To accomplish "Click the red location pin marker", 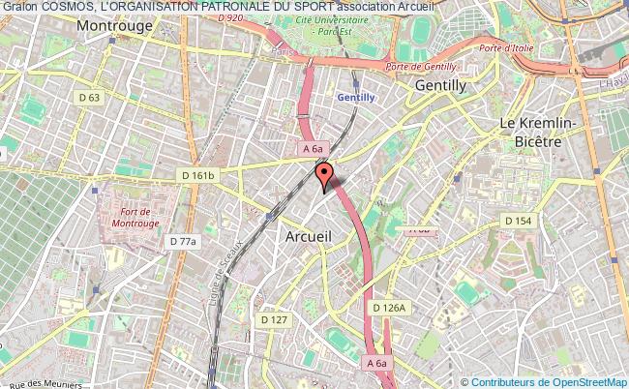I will click(x=323, y=174).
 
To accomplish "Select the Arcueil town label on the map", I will click(x=310, y=235).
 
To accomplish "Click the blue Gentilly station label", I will click(x=355, y=98).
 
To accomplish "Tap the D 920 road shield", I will click(x=230, y=17).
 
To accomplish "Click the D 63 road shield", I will click(x=90, y=98).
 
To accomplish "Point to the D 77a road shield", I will click(x=182, y=241).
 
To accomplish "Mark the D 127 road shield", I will click(x=274, y=318).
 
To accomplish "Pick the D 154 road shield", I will click(x=518, y=221).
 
